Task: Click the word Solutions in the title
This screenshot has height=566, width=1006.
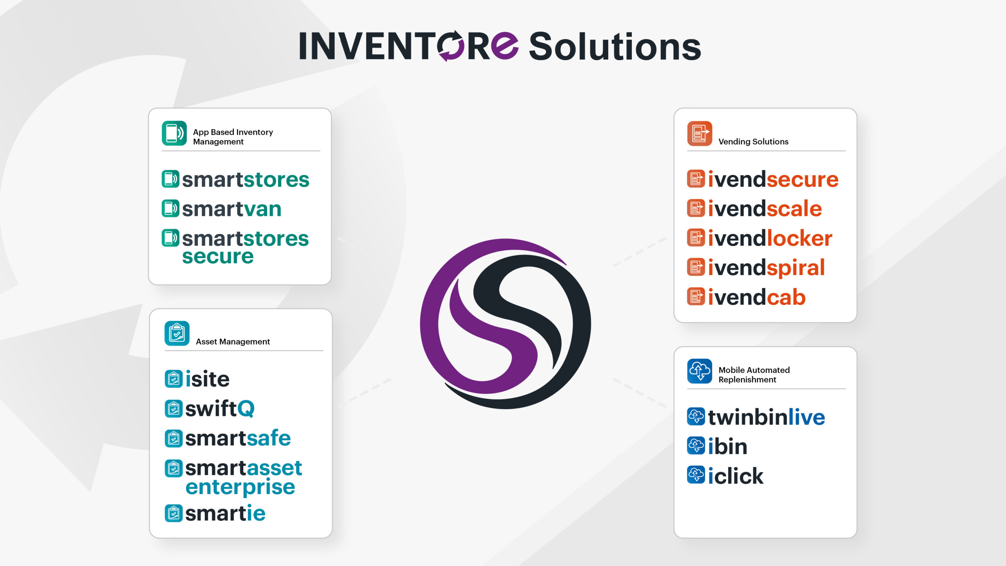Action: tap(615, 47)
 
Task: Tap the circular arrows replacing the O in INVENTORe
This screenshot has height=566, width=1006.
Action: tap(450, 46)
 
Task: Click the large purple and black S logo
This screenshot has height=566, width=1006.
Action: tap(505, 323)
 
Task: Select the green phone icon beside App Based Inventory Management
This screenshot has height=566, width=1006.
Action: tap(174, 133)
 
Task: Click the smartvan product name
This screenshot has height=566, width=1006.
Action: tap(232, 209)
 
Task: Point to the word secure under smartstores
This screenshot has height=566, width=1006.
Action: tap(218, 257)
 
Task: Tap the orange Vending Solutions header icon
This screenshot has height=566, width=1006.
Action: tap(699, 133)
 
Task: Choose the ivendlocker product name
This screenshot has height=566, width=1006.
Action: tap(770, 238)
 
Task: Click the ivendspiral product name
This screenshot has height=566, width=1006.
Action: tap(766, 268)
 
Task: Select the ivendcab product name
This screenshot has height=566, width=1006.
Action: tap(757, 297)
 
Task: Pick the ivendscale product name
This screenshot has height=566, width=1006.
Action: tap(765, 208)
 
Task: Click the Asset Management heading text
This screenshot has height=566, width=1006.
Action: tap(233, 342)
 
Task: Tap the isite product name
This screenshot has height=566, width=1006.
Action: tap(207, 379)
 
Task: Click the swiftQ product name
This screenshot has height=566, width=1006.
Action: tap(220, 409)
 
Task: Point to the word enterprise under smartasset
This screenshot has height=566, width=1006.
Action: tap(240, 487)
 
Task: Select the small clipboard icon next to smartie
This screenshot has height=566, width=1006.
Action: tap(173, 513)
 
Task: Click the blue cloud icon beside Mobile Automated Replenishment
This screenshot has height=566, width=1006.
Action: tap(699, 371)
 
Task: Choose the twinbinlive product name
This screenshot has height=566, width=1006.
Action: tap(767, 417)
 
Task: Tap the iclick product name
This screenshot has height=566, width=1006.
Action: tap(736, 476)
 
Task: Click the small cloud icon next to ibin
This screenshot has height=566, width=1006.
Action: tap(696, 446)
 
